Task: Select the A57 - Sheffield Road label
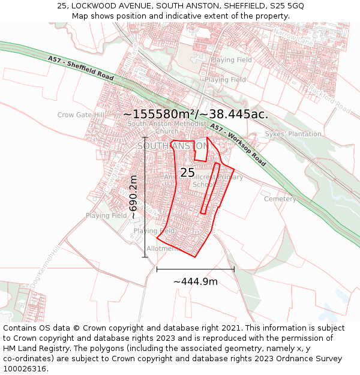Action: tap(81, 69)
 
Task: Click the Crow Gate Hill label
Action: tap(81, 115)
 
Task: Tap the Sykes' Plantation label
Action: tap(293, 134)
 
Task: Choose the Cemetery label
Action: tap(280, 199)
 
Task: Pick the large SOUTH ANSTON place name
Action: tap(172, 146)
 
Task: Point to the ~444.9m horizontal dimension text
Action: tap(196, 281)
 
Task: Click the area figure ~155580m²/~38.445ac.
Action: tap(196, 114)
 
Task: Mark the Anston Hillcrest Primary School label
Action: tap(204, 181)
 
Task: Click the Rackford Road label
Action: tap(329, 99)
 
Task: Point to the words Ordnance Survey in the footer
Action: tap(296, 358)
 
